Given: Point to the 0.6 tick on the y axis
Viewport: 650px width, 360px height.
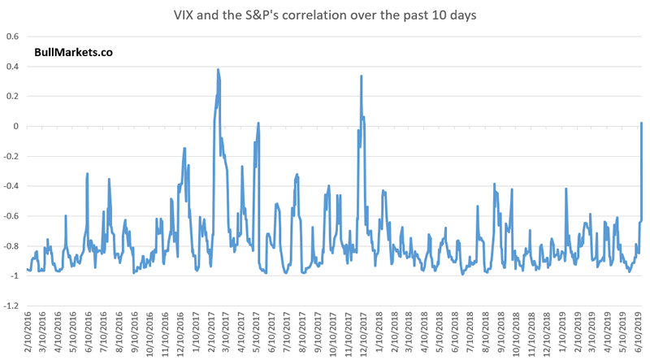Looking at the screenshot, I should tap(15, 37).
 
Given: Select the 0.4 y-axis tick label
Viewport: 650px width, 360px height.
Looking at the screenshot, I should tap(15, 67).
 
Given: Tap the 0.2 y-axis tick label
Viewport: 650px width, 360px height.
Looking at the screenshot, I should tap(15, 97).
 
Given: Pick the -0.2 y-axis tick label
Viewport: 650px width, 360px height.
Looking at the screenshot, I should tap(13, 157).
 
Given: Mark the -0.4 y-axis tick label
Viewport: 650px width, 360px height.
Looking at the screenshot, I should tap(13, 187).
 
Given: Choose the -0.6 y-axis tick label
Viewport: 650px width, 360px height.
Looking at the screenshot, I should tap(13, 216).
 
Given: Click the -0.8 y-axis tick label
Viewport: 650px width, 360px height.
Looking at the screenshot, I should tap(13, 246).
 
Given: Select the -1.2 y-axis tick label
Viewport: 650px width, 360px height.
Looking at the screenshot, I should tap(13, 306).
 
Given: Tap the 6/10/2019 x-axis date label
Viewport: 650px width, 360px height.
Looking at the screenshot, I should tap(639, 336).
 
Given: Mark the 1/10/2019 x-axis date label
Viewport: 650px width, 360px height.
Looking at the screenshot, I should tap(562, 336).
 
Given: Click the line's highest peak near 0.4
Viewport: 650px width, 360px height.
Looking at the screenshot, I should tap(218, 70).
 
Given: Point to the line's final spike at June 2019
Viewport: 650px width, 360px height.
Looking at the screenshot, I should tap(641, 124).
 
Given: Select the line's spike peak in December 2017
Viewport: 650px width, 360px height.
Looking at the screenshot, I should tap(361, 76).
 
